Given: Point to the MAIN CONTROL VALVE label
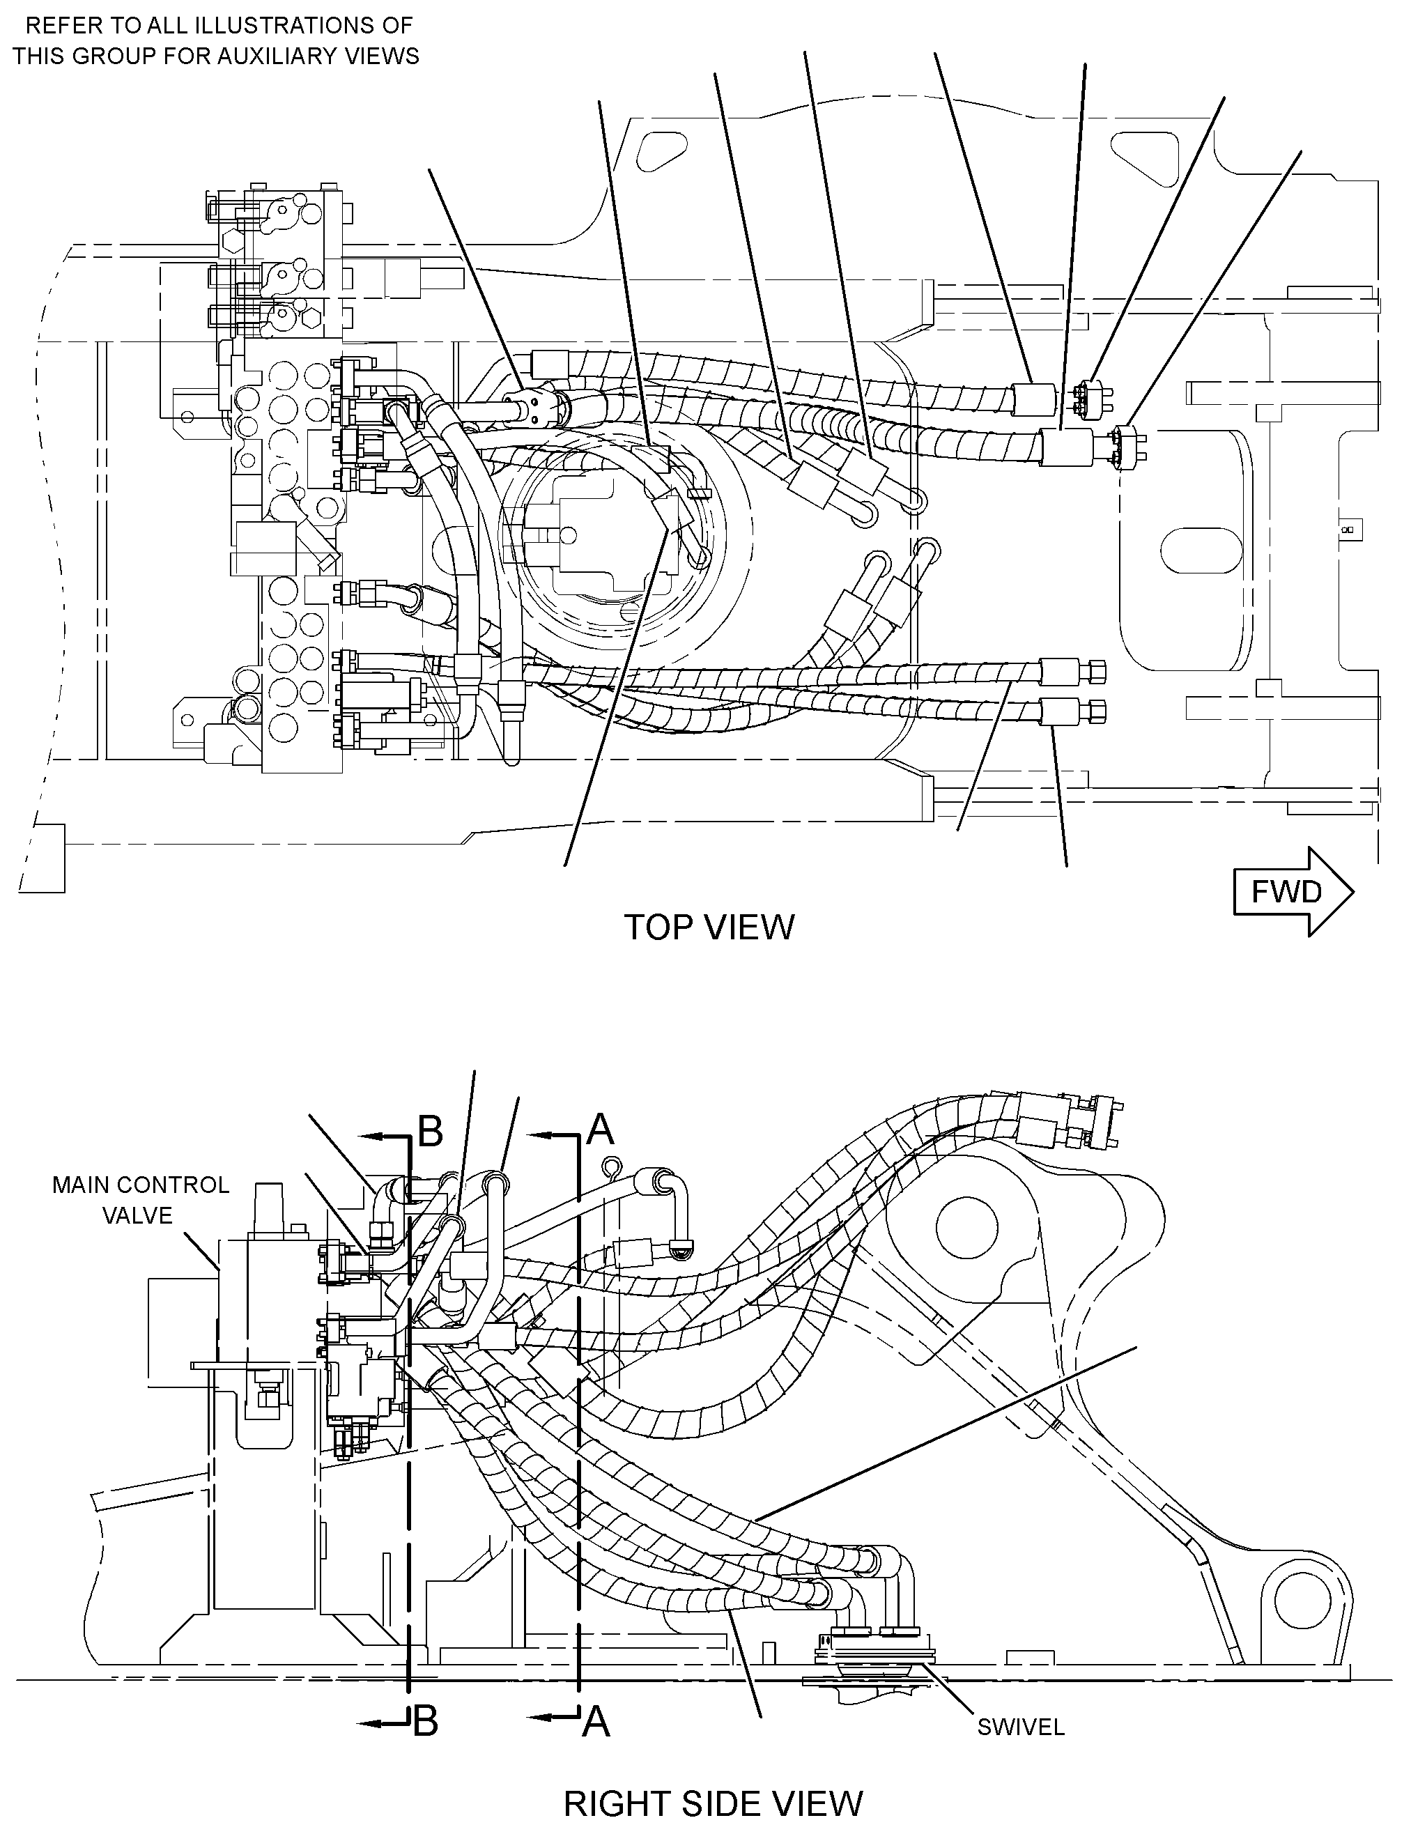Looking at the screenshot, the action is (140, 1199).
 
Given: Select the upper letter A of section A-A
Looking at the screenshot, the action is (601, 1129).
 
